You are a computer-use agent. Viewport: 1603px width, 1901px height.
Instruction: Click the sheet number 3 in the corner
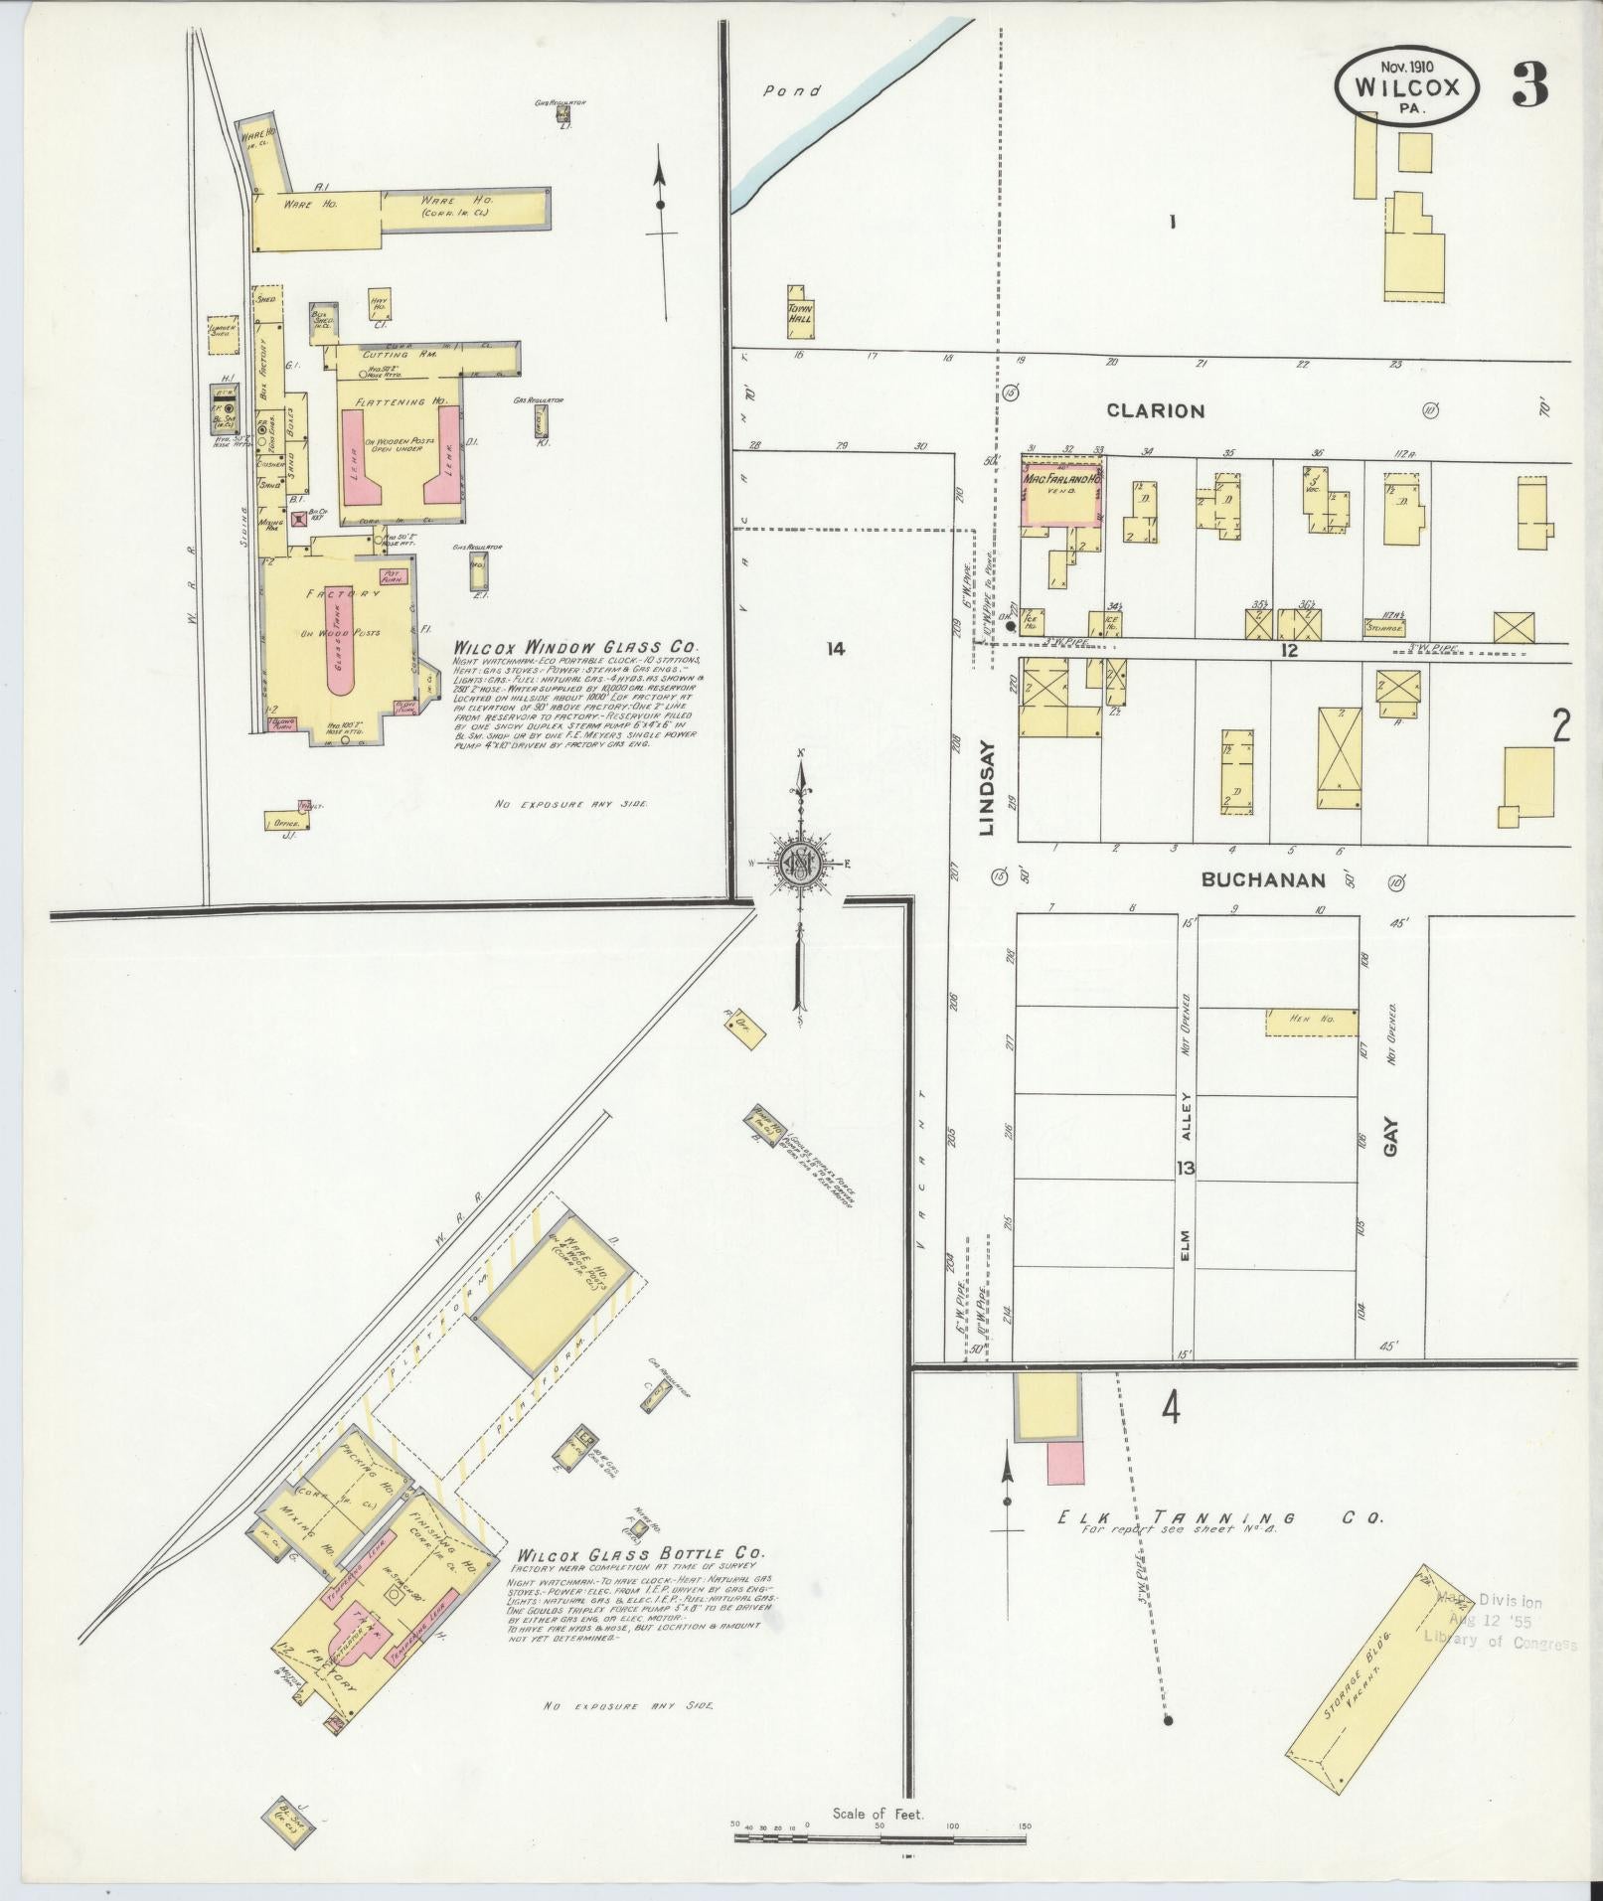1530,87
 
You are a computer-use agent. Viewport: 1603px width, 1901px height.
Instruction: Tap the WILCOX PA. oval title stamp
1407,88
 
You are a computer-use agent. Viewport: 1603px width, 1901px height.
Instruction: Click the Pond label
792,91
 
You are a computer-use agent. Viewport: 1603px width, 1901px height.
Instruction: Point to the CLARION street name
1156,410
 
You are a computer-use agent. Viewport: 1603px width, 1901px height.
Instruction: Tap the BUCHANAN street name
1263,879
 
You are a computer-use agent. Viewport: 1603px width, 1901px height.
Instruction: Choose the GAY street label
1390,1136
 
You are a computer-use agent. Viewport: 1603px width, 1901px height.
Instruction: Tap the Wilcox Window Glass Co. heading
575,647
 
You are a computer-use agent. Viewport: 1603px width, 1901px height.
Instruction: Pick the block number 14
835,649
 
